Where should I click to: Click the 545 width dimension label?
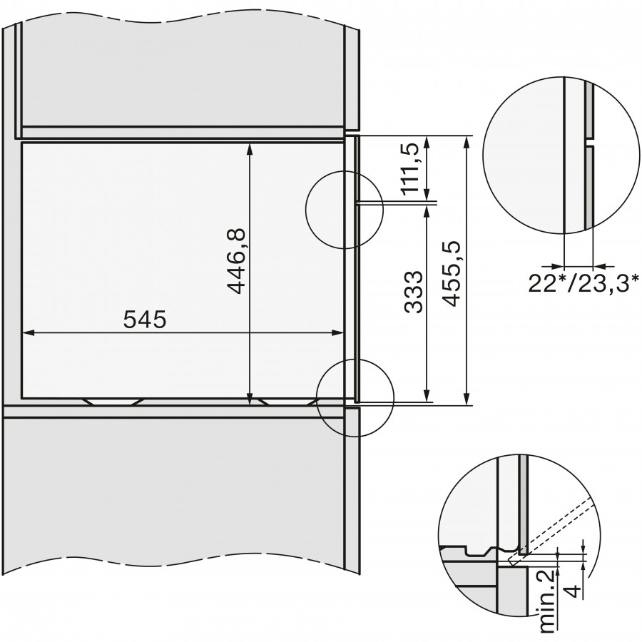click(x=146, y=320)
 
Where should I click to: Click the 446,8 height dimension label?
click(x=236, y=261)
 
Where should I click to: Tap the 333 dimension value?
click(x=413, y=292)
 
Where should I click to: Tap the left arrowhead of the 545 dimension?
click(x=27, y=333)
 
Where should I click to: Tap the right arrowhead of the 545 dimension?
click(x=338, y=333)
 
